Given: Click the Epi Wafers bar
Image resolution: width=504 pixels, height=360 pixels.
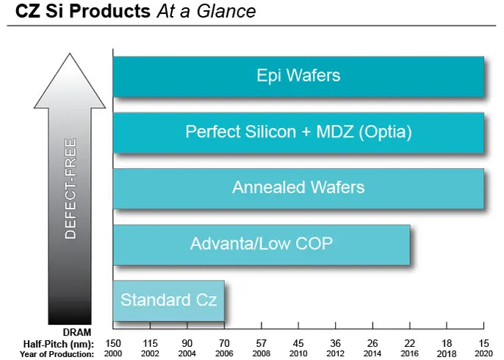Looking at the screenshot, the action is tap(298, 76).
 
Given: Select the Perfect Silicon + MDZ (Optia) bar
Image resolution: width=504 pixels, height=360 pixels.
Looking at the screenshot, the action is tap(298, 133).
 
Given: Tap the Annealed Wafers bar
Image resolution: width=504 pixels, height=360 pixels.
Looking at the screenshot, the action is tap(298, 189).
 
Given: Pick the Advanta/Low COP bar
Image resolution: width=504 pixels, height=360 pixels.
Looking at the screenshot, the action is tap(262, 245).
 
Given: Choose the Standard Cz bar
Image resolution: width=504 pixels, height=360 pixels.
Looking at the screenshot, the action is tap(169, 301).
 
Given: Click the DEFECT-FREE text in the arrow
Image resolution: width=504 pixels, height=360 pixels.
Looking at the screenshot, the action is tap(71, 189).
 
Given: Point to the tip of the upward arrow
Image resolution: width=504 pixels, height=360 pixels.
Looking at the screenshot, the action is tap(70, 54).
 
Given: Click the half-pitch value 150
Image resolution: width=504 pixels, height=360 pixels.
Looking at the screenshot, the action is tap(113, 343).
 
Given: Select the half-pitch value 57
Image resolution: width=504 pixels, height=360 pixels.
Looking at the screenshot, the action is tap(262, 343).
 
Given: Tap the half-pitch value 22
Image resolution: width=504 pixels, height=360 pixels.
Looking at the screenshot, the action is tap(410, 343).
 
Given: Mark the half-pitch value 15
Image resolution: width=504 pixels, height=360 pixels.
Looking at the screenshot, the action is tap(483, 343).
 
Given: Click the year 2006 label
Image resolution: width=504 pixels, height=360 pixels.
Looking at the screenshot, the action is tap(224, 354).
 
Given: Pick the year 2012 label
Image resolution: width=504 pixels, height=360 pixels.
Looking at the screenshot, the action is tap(336, 354).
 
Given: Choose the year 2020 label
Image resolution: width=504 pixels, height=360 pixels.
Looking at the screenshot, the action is tap(483, 354).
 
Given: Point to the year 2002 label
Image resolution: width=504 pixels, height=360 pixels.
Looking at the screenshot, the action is tap(150, 354).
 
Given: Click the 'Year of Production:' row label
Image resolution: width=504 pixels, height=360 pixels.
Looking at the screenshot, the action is tap(57, 354).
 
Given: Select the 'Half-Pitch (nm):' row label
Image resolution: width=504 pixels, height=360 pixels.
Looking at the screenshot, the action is tap(59, 345).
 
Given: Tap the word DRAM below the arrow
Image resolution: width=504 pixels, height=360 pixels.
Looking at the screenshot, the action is tap(77, 332).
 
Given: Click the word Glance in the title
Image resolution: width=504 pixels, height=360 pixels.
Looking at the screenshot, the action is tap(226, 11).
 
